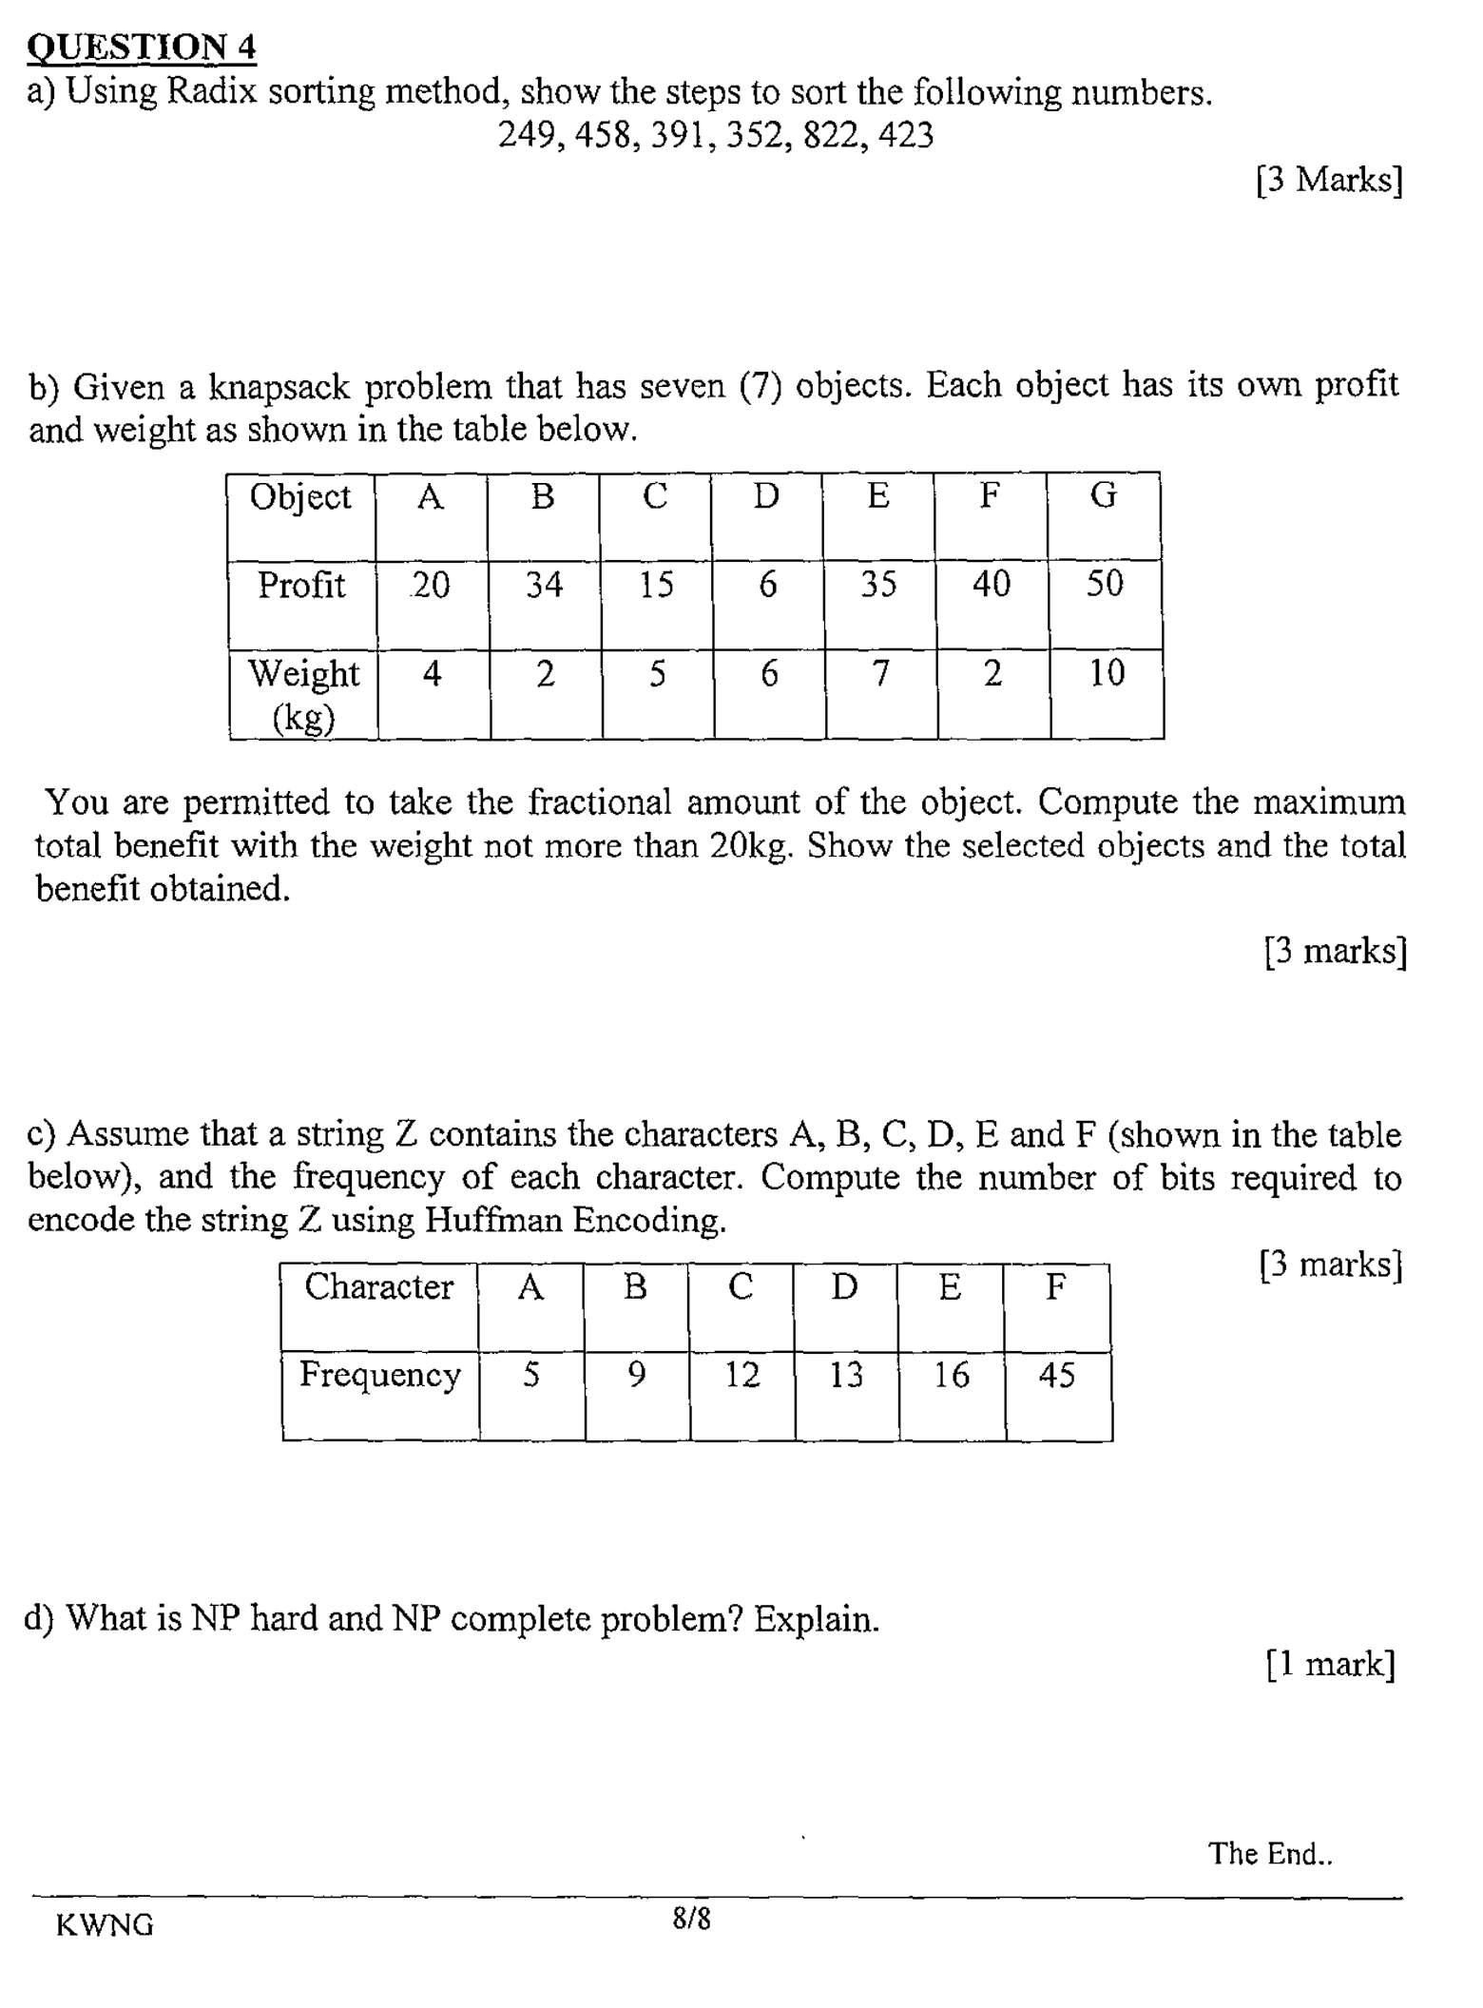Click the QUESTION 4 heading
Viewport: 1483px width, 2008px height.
(x=142, y=47)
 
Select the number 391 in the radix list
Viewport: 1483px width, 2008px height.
(x=679, y=135)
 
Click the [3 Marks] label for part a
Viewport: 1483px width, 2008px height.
(x=1328, y=179)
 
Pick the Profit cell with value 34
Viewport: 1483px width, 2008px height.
(x=544, y=584)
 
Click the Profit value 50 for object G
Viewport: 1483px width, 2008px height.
(x=1104, y=583)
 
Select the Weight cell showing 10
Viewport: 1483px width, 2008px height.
(x=1106, y=672)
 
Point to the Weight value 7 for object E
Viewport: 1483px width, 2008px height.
(x=880, y=673)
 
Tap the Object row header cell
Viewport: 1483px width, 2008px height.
(x=300, y=496)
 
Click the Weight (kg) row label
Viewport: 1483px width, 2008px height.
(x=303, y=694)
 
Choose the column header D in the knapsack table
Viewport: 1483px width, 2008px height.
(x=766, y=495)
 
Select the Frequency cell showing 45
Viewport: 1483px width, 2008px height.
(x=1056, y=1375)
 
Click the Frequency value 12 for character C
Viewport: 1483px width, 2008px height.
(x=741, y=1375)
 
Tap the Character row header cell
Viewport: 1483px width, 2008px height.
(x=378, y=1286)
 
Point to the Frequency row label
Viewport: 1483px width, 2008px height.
(x=379, y=1375)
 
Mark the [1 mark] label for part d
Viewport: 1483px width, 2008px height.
(x=1330, y=1664)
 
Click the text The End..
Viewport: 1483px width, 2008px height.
(x=1269, y=1853)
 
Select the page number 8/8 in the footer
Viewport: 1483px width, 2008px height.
(x=691, y=1918)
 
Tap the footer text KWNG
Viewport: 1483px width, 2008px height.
(x=105, y=1924)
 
